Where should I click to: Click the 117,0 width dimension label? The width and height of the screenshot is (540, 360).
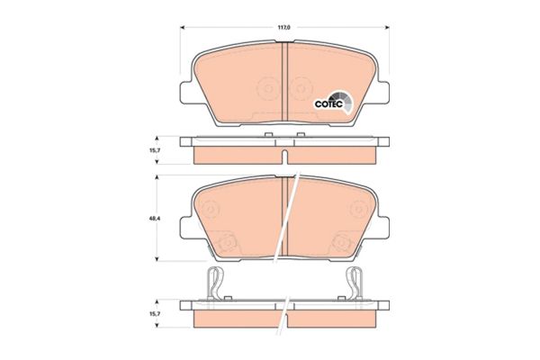click(284, 28)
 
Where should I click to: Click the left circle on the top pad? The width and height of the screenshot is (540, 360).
click(265, 91)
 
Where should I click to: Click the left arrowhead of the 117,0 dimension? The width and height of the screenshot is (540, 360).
click(184, 28)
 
